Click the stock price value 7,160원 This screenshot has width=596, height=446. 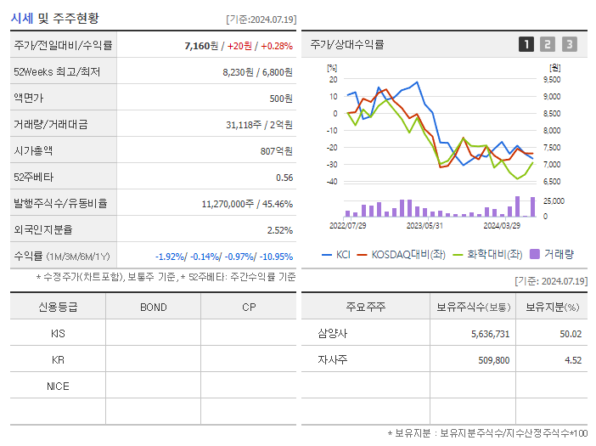[201, 46]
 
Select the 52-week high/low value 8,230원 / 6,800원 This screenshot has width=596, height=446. [257, 72]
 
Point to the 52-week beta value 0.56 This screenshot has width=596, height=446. [284, 178]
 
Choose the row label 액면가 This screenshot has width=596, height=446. [28, 99]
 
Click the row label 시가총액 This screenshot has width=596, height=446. [33, 151]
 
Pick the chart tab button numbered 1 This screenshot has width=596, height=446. [526, 44]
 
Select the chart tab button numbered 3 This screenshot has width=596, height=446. [569, 44]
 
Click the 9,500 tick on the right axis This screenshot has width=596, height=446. [551, 79]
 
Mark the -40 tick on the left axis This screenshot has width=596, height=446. [331, 182]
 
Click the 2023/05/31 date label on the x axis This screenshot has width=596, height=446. [425, 226]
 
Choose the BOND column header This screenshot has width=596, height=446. [153, 307]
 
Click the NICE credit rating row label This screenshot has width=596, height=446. [58, 387]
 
